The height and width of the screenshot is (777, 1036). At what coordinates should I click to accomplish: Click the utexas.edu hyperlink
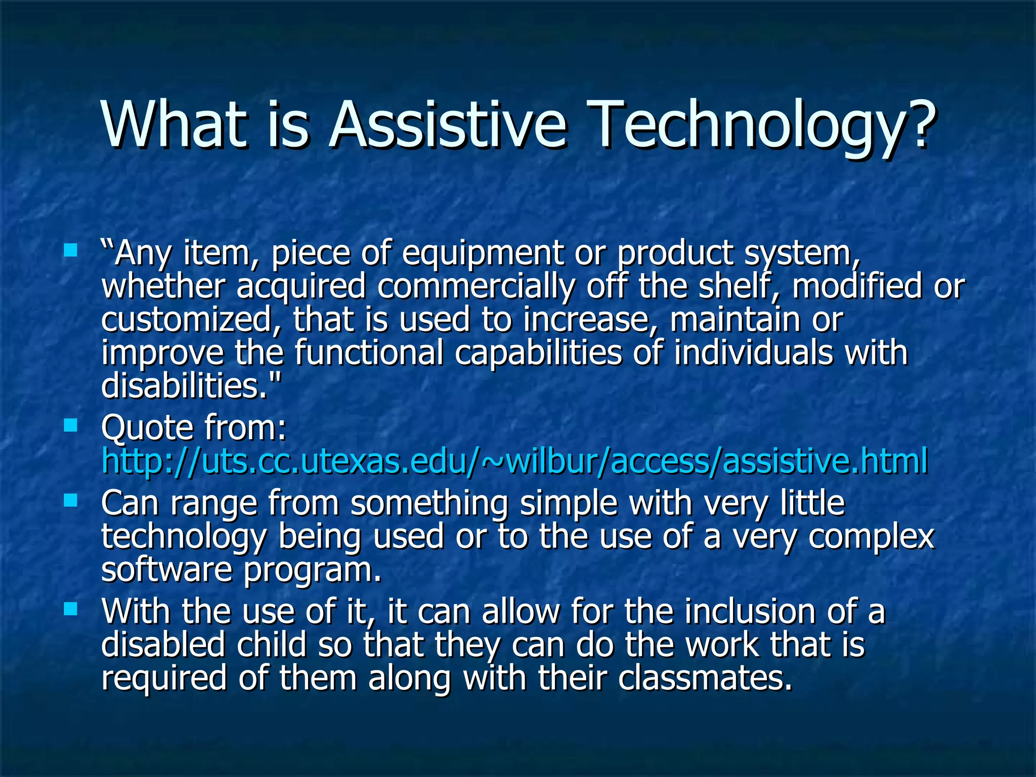514,461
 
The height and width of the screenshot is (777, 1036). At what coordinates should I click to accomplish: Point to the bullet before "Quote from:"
71,425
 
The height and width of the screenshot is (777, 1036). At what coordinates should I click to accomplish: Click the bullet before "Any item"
71,250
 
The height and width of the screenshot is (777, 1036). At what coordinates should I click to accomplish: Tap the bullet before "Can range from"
71,500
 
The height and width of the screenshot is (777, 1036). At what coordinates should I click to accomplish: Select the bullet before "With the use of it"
71,609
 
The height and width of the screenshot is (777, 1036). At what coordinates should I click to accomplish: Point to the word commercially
476,287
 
